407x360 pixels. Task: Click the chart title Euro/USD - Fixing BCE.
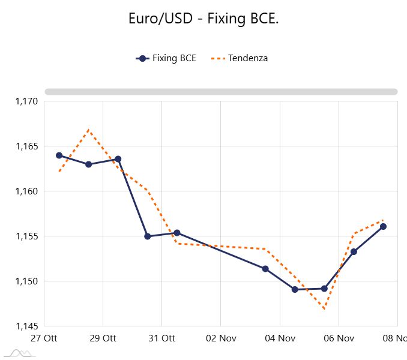point(203,19)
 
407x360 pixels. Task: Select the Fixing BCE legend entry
point(166,58)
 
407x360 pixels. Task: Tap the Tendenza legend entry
point(241,58)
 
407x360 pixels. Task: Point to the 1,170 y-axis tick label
point(26,101)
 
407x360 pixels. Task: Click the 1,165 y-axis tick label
point(26,146)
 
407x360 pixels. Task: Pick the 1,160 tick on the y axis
point(26,191)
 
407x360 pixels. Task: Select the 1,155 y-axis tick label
point(26,236)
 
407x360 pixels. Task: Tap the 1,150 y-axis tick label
point(26,281)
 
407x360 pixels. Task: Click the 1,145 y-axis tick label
point(26,326)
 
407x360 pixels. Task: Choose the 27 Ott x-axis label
point(44,338)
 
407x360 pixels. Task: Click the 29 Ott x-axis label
point(103,338)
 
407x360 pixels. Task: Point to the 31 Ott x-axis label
point(161,338)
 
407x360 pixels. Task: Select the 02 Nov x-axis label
point(220,338)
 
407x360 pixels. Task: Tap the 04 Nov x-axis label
point(279,338)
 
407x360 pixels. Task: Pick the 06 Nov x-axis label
point(338,338)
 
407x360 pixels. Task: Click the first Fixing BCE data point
point(59,155)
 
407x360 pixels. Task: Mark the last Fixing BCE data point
point(383,226)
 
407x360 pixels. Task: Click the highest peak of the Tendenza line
point(89,130)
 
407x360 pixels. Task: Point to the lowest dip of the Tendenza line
point(324,310)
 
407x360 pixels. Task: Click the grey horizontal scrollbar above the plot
point(221,92)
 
